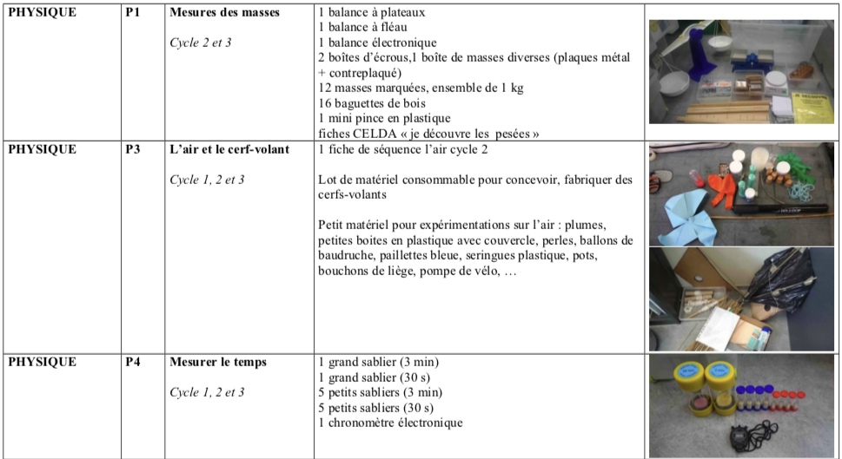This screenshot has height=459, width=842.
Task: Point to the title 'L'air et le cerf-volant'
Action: point(229,149)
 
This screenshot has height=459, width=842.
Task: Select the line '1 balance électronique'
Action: point(377,43)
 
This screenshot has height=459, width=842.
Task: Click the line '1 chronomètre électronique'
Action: point(390,423)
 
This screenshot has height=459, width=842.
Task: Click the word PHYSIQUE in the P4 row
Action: point(42,362)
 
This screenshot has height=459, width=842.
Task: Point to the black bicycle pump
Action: point(773,209)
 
